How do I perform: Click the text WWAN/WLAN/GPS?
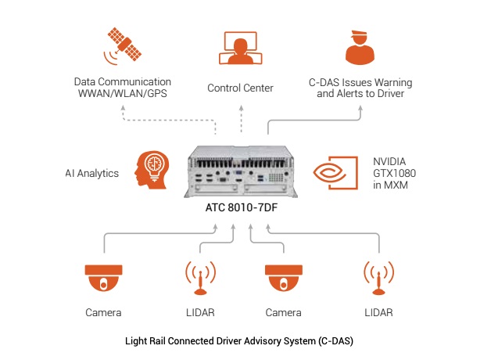123,94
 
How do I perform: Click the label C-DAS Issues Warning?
360,82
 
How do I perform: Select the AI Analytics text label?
93,173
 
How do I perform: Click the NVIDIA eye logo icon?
335,174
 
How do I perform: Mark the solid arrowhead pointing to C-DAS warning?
360,109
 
